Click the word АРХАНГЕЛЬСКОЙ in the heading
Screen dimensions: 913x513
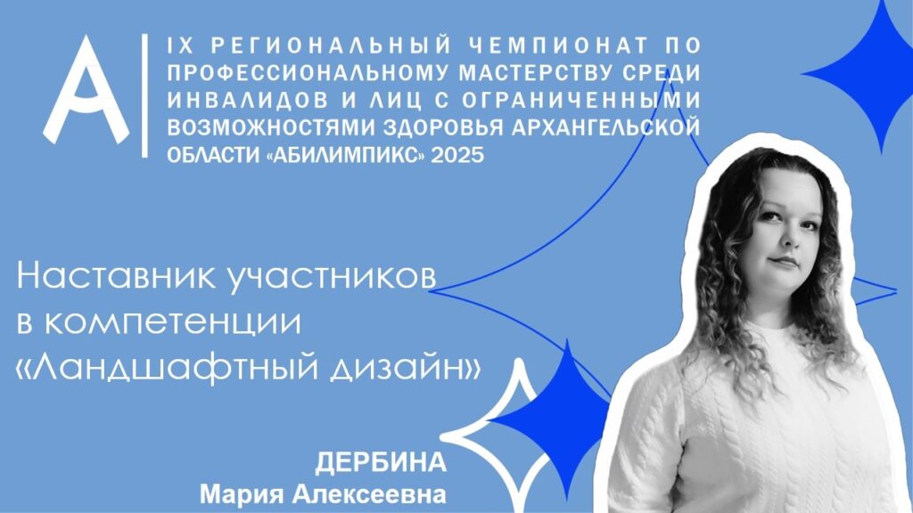coord(605,127)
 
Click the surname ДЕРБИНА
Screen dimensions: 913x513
coord(381,463)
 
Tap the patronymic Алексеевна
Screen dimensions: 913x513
coord(369,495)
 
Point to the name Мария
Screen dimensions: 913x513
coord(243,496)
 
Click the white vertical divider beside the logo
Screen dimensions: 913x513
coord(145,95)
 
